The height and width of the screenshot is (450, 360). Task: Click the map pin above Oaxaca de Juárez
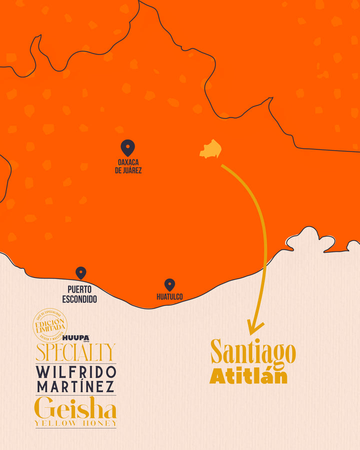(x=128, y=147)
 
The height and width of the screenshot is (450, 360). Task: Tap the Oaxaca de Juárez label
(x=128, y=166)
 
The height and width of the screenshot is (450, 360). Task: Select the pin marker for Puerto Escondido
(x=80, y=272)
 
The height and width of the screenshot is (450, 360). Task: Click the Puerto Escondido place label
(x=79, y=294)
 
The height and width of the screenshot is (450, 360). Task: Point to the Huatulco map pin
(x=169, y=284)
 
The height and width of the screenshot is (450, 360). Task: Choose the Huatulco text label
(x=169, y=296)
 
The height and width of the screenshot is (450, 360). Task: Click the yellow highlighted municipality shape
(x=211, y=149)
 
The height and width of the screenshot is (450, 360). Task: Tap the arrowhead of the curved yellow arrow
(x=255, y=328)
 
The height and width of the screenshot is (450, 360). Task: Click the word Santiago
(x=253, y=352)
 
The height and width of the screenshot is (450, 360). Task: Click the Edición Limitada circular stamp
(x=50, y=325)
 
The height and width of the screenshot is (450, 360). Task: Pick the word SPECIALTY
(x=75, y=352)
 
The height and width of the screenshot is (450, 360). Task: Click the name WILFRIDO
(x=76, y=371)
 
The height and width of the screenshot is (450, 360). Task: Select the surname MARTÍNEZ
(x=75, y=386)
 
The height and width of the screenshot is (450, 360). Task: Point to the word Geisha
(x=76, y=408)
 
